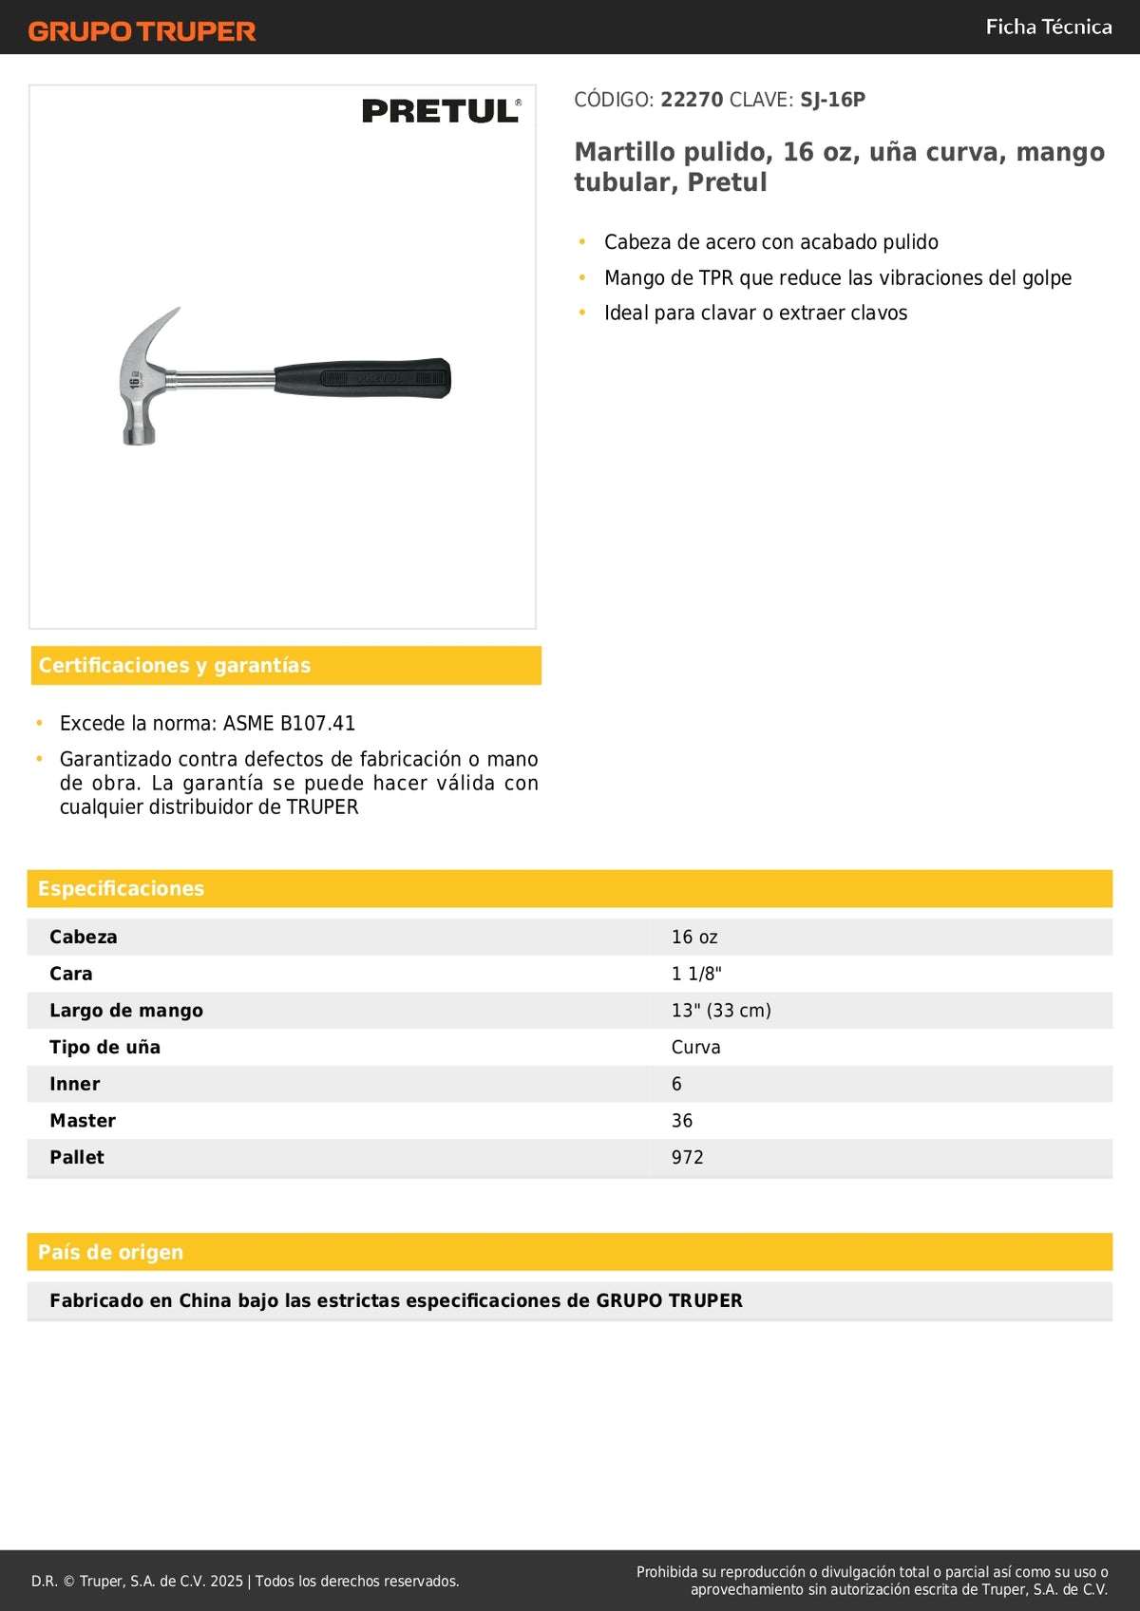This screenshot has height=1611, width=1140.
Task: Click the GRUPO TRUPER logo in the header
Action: click(x=142, y=31)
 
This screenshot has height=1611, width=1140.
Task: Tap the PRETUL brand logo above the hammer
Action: click(x=441, y=111)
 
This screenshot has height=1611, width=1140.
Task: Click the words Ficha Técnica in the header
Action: click(x=1048, y=27)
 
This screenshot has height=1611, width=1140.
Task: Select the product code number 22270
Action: click(x=692, y=100)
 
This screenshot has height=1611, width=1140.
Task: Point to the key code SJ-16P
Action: click(x=832, y=100)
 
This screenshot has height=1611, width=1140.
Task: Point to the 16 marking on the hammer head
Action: click(x=135, y=381)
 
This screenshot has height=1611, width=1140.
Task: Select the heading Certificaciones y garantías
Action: click(x=175, y=665)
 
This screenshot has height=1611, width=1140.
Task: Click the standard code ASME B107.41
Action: click(x=289, y=724)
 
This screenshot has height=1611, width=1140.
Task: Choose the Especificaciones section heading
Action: click(x=121, y=888)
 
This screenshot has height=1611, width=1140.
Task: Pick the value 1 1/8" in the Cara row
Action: click(x=696, y=974)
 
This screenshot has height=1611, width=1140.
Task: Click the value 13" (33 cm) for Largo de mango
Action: click(x=721, y=1011)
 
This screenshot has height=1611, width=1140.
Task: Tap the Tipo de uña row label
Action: click(x=104, y=1047)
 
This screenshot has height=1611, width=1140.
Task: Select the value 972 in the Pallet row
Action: click(x=687, y=1157)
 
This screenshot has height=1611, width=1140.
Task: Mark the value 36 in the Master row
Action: click(x=681, y=1121)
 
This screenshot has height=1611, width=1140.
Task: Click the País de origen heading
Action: click(x=110, y=1252)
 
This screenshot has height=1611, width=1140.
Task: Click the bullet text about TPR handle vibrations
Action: click(x=837, y=277)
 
